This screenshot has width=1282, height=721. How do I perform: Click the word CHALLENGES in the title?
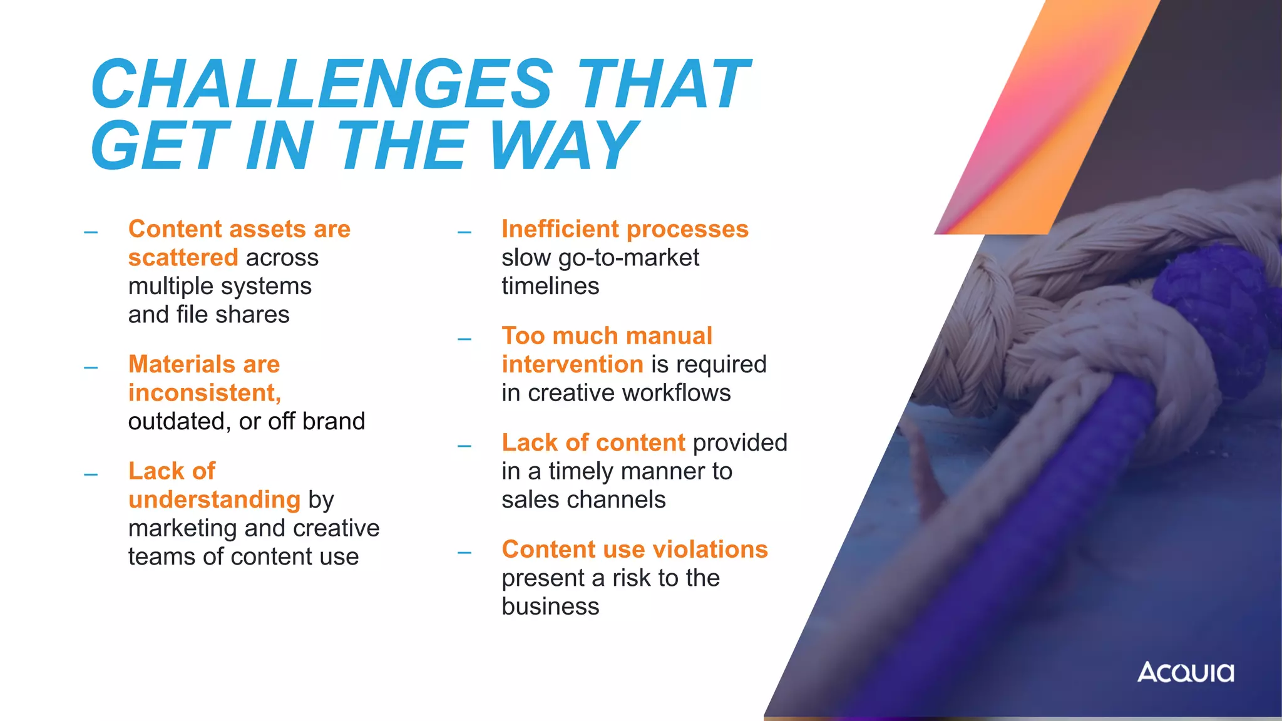pyautogui.click(x=322, y=84)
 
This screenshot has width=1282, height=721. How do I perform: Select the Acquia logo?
pyautogui.click(x=1186, y=672)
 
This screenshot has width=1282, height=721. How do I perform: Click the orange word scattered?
pyautogui.click(x=183, y=258)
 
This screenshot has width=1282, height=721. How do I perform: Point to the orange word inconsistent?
pyautogui.click(x=205, y=393)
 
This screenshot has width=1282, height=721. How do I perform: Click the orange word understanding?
pyautogui.click(x=214, y=500)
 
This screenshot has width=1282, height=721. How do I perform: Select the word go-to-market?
pyautogui.click(x=628, y=258)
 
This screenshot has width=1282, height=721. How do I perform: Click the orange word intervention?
pyautogui.click(x=572, y=364)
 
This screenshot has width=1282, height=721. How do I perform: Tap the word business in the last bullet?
pyautogui.click(x=550, y=606)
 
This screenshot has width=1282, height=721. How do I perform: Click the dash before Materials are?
pyautogui.click(x=91, y=367)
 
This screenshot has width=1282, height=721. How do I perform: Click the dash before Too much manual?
pyautogui.click(x=464, y=339)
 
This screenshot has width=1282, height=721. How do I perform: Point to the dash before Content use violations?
pyautogui.click(x=464, y=553)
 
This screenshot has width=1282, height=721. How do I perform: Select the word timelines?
pyautogui.click(x=550, y=287)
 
